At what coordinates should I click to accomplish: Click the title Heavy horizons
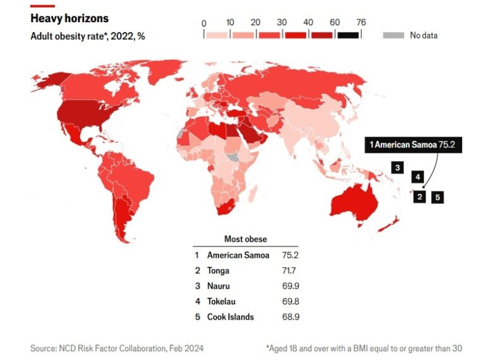[69, 18]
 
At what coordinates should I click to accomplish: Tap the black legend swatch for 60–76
[348, 35]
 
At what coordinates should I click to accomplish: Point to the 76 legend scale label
[361, 23]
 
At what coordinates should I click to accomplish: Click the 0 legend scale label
[203, 23]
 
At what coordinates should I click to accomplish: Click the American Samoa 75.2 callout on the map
[412, 145]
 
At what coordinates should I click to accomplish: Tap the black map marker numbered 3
[397, 167]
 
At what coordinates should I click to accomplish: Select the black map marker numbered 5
[438, 197]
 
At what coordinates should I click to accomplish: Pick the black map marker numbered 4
[417, 177]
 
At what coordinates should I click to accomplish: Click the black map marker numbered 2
[419, 197]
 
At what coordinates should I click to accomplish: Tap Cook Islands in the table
[231, 316]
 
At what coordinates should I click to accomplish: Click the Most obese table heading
[245, 239]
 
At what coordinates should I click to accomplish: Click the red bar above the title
[42, 6]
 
